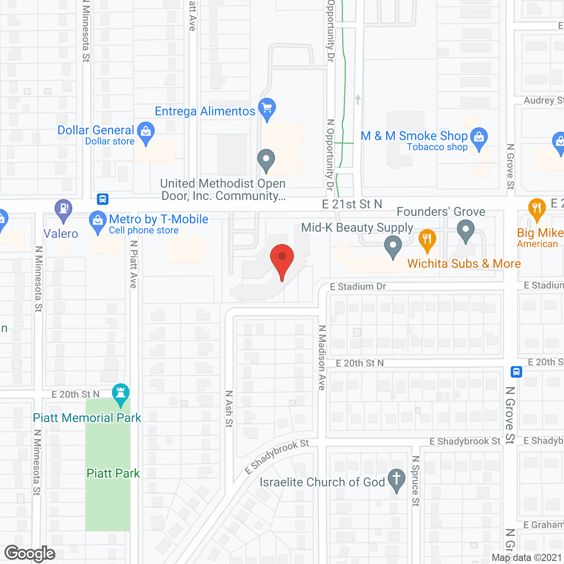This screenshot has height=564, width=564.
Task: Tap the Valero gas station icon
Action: (x=63, y=210)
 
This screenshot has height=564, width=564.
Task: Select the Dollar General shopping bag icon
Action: (x=145, y=133)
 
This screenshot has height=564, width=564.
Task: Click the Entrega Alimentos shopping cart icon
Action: (x=267, y=108)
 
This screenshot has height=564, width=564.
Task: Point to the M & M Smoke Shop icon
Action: (x=479, y=138)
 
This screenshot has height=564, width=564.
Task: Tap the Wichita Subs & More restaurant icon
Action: (x=427, y=240)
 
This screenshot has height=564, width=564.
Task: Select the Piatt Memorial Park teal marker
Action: (x=120, y=393)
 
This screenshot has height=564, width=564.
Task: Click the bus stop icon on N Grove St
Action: (x=516, y=372)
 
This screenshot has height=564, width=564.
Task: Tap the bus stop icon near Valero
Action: (x=103, y=199)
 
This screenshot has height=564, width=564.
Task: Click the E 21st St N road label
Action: (x=352, y=204)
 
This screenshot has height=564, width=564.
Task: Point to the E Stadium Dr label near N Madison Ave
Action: (x=358, y=286)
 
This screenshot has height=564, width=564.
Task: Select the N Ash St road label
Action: (x=229, y=408)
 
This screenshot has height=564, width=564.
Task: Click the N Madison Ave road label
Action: (x=323, y=357)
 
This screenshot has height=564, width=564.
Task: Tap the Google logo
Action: (x=30, y=553)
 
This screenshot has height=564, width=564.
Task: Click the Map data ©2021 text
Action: (x=527, y=557)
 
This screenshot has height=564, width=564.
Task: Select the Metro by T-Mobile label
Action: (x=159, y=219)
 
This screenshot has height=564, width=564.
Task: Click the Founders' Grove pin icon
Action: (x=465, y=230)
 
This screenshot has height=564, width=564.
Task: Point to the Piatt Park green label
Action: (x=113, y=473)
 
